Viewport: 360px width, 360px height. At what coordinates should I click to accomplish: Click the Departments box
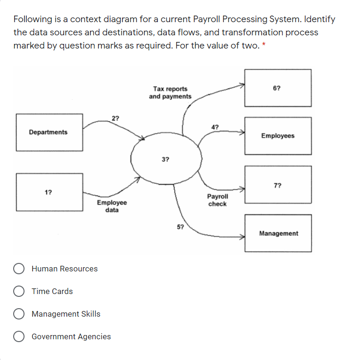tap(49, 132)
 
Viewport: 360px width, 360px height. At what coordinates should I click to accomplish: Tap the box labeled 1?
tap(49, 192)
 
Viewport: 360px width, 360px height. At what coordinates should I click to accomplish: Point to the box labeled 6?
tap(278, 88)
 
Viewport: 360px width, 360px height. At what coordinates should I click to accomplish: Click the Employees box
tap(278, 136)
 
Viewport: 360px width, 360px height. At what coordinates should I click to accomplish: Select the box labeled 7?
tap(278, 185)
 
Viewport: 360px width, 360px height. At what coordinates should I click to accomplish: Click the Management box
tap(278, 233)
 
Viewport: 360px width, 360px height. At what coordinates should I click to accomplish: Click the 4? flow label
tap(215, 127)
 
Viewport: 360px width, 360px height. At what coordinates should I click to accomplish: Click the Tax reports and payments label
tap(170, 93)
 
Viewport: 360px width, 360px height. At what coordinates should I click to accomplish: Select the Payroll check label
tap(217, 200)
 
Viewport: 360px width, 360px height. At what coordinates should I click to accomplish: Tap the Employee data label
tap(112, 206)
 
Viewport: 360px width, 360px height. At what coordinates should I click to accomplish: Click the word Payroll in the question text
tap(206, 19)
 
